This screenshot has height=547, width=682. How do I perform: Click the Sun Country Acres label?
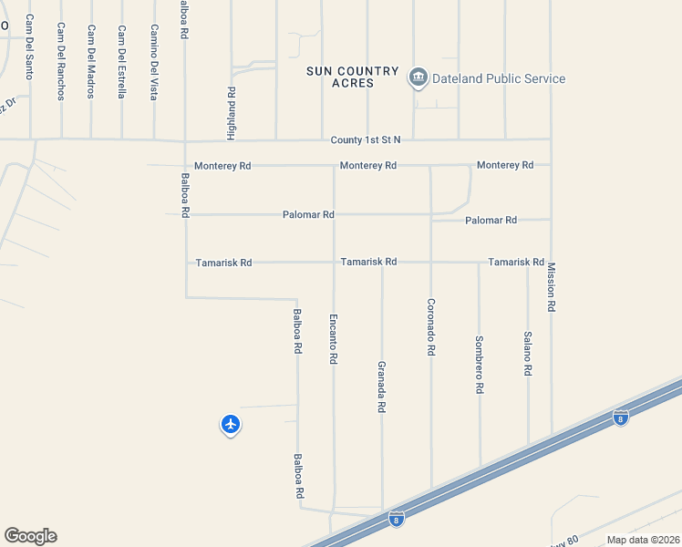point(353,77)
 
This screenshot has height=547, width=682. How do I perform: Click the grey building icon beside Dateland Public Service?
point(418,77)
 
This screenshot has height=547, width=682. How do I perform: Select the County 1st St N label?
point(366,140)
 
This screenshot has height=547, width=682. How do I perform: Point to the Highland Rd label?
point(232,113)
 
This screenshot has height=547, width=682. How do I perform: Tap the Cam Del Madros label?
point(91,56)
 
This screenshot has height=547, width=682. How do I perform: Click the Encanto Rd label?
point(334,340)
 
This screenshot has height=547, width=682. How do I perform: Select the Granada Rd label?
point(382,387)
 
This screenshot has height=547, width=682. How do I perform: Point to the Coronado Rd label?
point(430,326)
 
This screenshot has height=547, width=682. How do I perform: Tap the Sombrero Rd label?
point(479,365)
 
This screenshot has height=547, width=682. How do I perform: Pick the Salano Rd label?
point(527,355)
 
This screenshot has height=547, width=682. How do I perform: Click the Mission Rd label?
point(551,288)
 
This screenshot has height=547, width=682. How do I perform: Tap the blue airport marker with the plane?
point(231,424)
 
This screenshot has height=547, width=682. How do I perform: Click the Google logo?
point(30,536)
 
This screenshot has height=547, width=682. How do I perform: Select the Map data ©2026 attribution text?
point(643,540)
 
